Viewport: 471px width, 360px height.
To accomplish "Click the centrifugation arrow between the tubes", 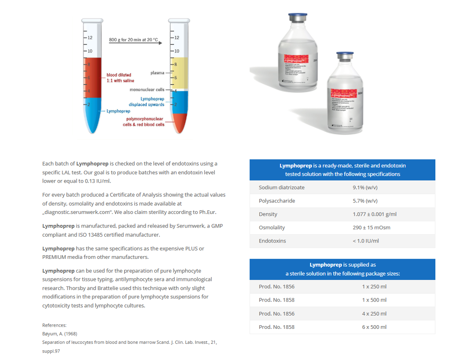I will [x=135, y=43].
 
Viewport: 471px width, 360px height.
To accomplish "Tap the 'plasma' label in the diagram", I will [x=157, y=73].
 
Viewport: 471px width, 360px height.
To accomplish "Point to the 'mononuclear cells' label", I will [x=147, y=90].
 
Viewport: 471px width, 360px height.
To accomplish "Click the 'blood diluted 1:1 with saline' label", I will [x=120, y=78].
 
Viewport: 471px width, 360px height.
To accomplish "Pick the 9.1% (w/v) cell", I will [x=365, y=187].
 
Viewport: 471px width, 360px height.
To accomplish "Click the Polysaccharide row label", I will [x=277, y=201].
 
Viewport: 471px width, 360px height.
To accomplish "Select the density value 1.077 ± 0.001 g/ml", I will [x=374, y=214].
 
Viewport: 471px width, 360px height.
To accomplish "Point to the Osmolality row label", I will [x=272, y=228].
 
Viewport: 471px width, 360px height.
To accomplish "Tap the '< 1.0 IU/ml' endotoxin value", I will [x=365, y=241].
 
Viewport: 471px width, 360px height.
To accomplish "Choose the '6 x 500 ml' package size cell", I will [x=374, y=327].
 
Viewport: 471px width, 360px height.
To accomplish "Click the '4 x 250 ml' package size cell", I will [x=374, y=314].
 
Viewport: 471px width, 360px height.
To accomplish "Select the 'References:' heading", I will [x=54, y=325].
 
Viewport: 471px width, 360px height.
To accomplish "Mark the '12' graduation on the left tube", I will [x=89, y=38].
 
